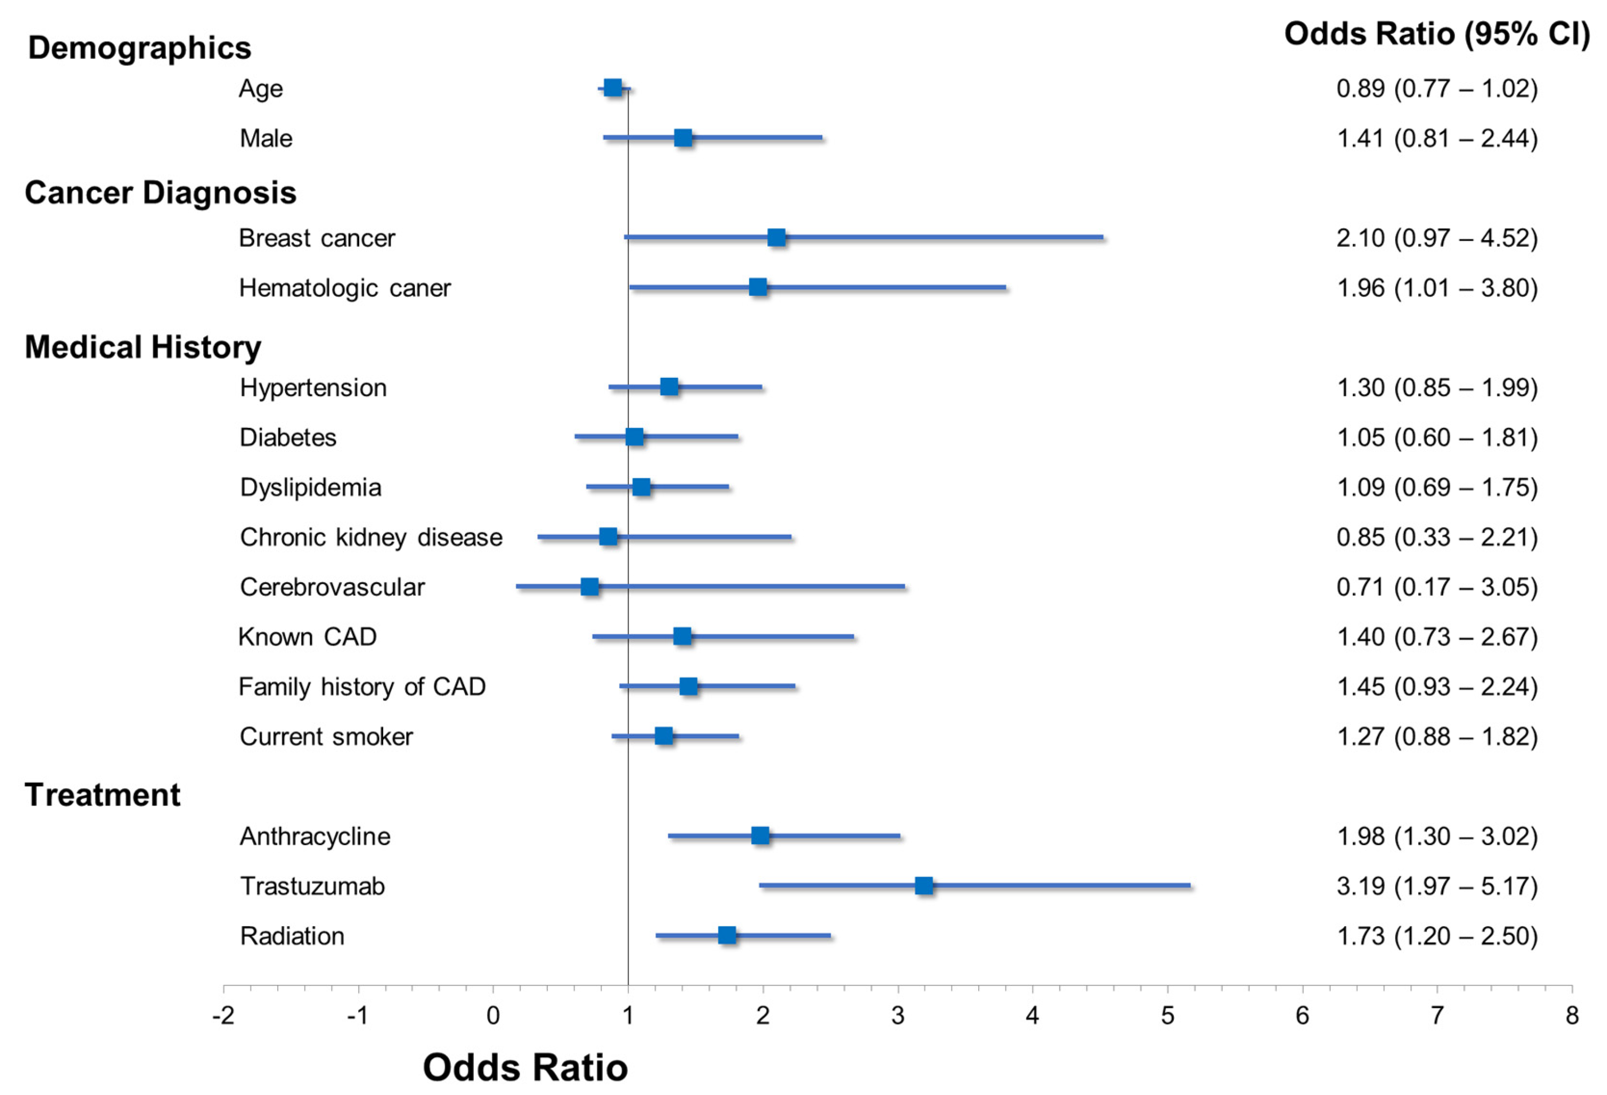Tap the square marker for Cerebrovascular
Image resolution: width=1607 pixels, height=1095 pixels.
[x=589, y=587]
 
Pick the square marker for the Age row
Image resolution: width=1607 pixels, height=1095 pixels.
[x=612, y=88]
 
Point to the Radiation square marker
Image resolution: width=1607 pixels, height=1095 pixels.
[x=727, y=935]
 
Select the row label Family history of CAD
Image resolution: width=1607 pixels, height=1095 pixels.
[x=362, y=687]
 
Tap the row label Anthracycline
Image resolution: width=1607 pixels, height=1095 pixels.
[x=315, y=836]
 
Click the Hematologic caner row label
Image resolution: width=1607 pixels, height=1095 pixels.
[x=344, y=288]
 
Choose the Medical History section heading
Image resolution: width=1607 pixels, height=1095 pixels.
[x=143, y=347]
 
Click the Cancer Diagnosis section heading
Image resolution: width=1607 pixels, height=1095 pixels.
[x=161, y=192]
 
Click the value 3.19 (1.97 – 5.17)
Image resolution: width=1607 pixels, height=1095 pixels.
[x=1437, y=886]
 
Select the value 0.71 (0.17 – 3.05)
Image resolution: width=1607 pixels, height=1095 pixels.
[x=1437, y=587]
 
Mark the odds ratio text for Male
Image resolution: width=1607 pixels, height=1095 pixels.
[x=1437, y=138]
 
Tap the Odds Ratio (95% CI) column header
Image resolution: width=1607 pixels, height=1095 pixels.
[x=1437, y=34]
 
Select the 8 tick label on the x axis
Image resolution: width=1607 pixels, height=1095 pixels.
[x=1572, y=1016]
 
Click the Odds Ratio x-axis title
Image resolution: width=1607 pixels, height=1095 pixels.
[x=525, y=1067]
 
